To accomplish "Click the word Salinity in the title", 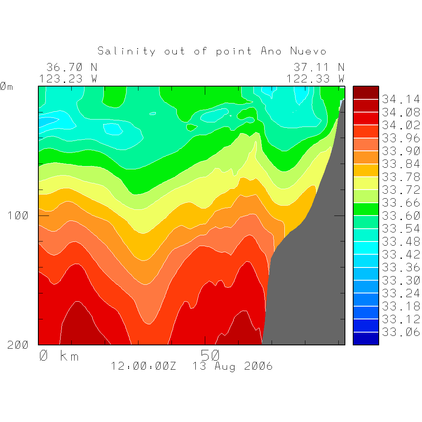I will [x=127, y=51].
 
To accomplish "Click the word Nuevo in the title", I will [x=308, y=51].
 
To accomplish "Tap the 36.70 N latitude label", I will [x=71, y=67].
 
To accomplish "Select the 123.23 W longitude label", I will [x=68, y=78].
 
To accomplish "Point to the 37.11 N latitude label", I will [x=319, y=67].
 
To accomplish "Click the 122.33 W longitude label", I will [x=315, y=78].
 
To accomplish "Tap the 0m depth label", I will [x=6, y=87].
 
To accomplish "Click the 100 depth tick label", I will [x=18, y=215].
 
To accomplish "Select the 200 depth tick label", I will [x=18, y=345].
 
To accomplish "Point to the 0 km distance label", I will [x=59, y=356].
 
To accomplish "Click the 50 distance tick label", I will [x=210, y=355].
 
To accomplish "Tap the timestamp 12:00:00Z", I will [x=143, y=366].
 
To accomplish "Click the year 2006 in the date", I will [x=258, y=366].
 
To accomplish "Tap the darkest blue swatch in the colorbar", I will [x=366, y=339].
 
